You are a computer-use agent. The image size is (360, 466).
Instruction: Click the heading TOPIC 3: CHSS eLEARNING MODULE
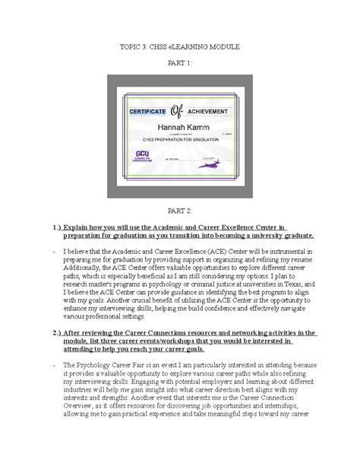tap(180, 47)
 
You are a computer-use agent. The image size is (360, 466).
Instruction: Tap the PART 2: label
tap(180, 208)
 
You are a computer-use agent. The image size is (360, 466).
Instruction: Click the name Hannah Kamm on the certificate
tap(179, 128)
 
